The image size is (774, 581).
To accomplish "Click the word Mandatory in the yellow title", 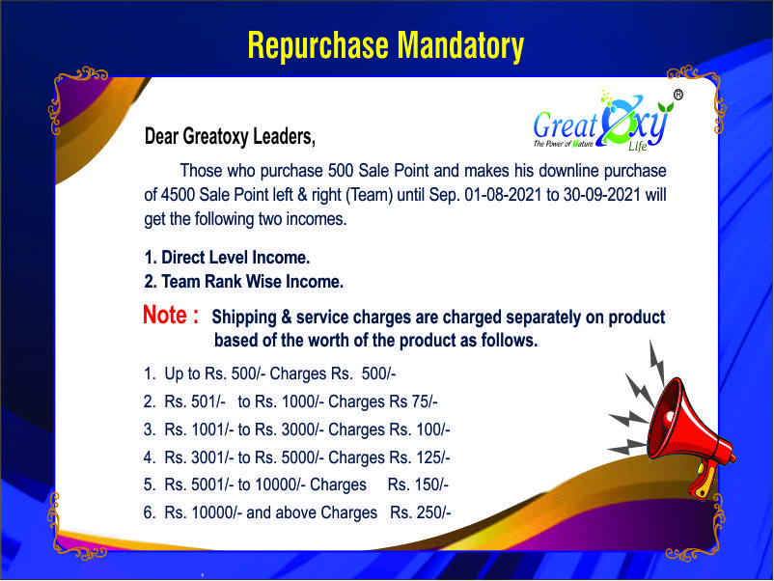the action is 460,46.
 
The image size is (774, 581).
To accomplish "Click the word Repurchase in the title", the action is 318,45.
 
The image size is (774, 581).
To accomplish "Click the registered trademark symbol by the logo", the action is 678,95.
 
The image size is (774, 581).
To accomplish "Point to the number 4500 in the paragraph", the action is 178,195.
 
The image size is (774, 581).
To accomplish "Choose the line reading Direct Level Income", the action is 227,257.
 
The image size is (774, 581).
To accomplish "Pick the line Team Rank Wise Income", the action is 244,282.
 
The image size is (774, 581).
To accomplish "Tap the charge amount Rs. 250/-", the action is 420,512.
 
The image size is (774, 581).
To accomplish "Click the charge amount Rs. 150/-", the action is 418,484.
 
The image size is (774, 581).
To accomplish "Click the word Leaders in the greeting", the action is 284,137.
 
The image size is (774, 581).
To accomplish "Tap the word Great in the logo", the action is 565,124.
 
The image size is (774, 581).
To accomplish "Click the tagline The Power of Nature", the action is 563,144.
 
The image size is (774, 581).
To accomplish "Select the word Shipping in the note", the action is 244,318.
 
